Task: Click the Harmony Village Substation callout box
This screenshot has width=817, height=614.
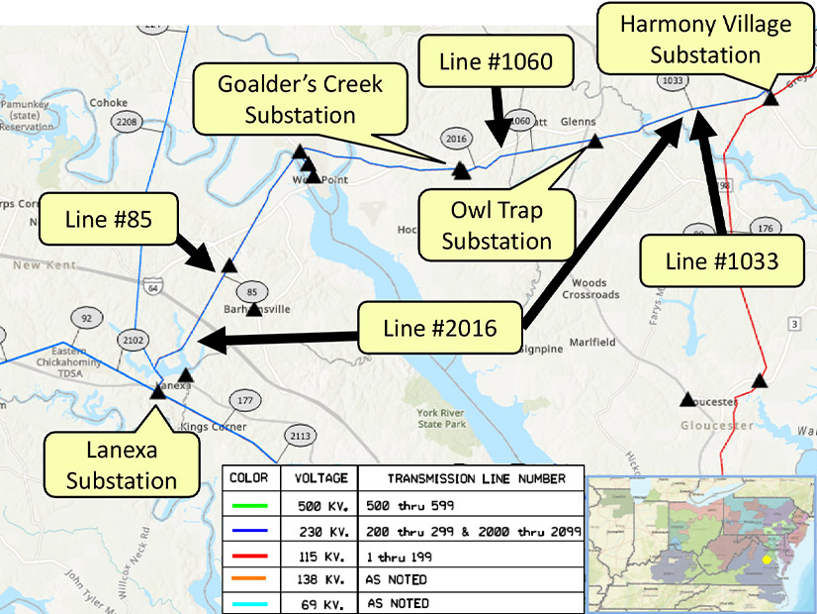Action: (704, 40)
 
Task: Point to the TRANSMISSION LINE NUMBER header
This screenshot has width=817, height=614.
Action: (463, 478)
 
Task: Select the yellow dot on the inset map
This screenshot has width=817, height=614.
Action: (764, 559)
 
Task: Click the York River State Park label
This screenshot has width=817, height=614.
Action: (442, 417)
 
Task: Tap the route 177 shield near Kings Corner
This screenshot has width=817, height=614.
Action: (243, 400)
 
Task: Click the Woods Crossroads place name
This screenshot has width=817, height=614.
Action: (590, 289)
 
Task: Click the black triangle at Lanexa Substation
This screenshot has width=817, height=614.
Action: (157, 391)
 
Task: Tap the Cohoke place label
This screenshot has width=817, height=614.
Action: (108, 102)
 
